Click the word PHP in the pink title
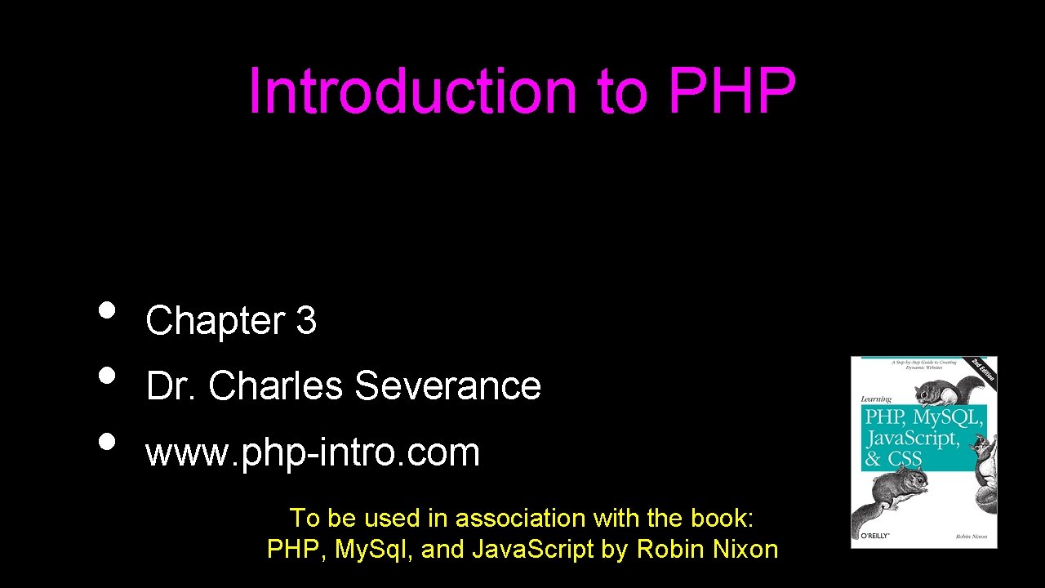731,91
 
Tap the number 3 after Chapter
306,321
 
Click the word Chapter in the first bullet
216,321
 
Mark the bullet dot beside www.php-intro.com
107,442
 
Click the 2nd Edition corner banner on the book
983,369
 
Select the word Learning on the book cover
875,399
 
